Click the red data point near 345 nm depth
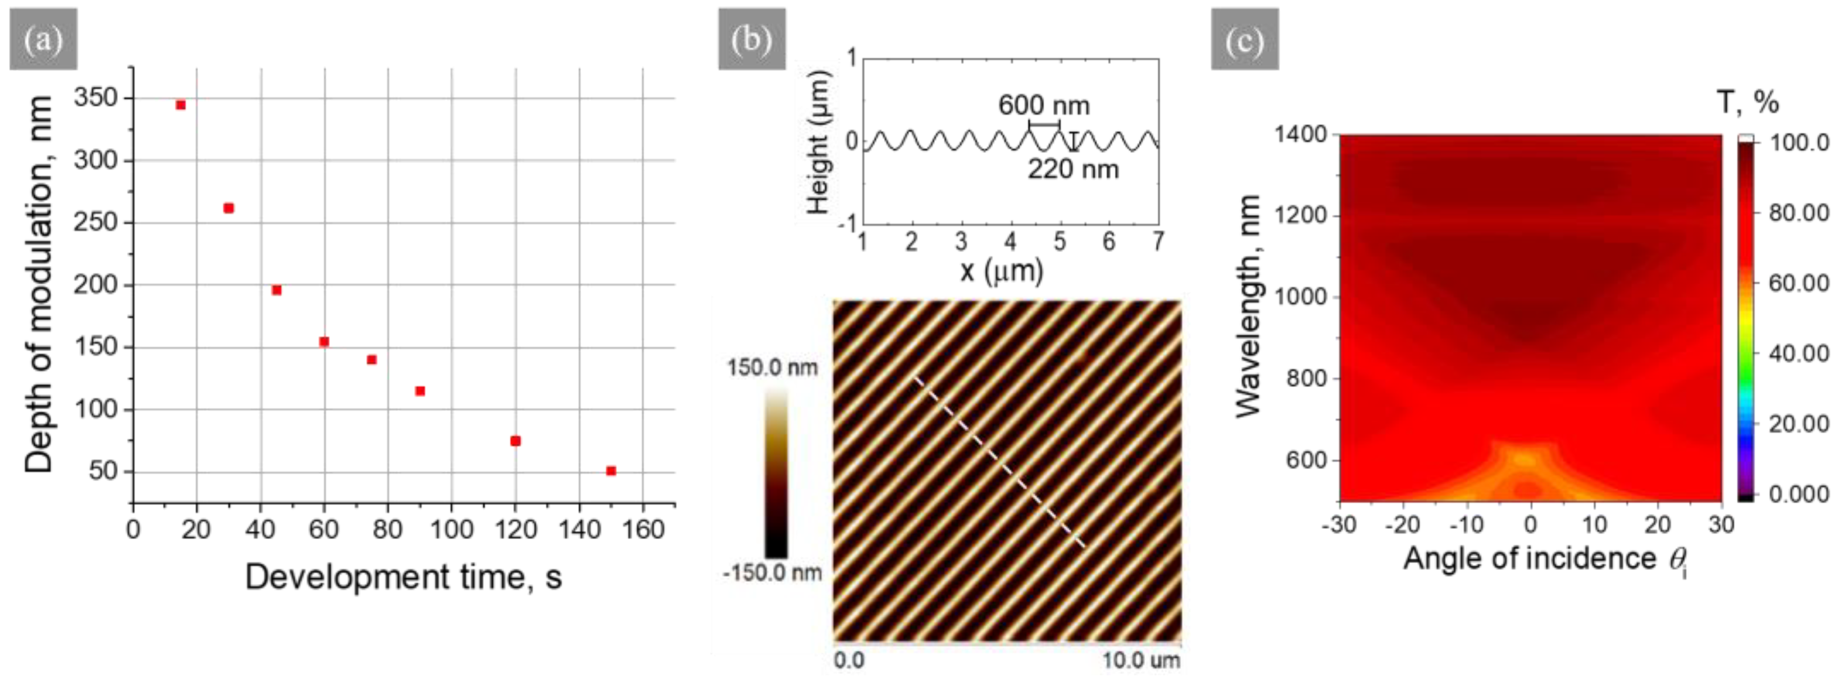point(180,105)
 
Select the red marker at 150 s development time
point(611,471)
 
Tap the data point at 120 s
point(515,441)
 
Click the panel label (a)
point(43,39)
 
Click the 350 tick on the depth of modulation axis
point(95,98)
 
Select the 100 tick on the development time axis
point(451,530)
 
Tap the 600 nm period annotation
point(1043,105)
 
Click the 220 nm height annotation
point(1073,170)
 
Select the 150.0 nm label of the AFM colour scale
point(772,368)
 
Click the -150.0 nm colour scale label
point(772,573)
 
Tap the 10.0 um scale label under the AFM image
point(1141,660)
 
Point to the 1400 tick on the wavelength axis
point(1300,135)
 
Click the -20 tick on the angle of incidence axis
point(1402,525)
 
